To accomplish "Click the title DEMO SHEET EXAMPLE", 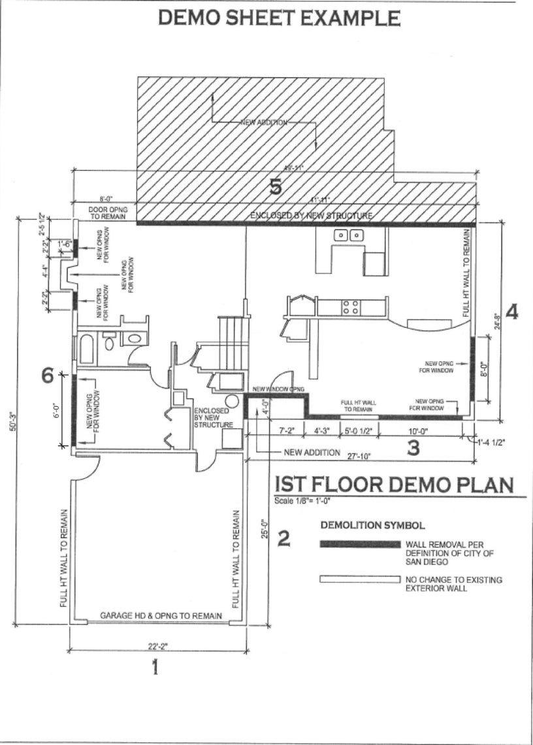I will click(280, 18).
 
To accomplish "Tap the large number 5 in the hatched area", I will click(276, 188).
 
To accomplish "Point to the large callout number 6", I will click(47, 375).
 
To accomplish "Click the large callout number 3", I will click(413, 449).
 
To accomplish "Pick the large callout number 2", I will click(284, 539).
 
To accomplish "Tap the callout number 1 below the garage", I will click(155, 668).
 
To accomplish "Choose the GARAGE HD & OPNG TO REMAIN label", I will click(161, 616).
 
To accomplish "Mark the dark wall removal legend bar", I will click(359, 544).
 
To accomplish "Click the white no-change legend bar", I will click(359, 580).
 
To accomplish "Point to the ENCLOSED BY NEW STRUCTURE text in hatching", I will click(312, 215).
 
